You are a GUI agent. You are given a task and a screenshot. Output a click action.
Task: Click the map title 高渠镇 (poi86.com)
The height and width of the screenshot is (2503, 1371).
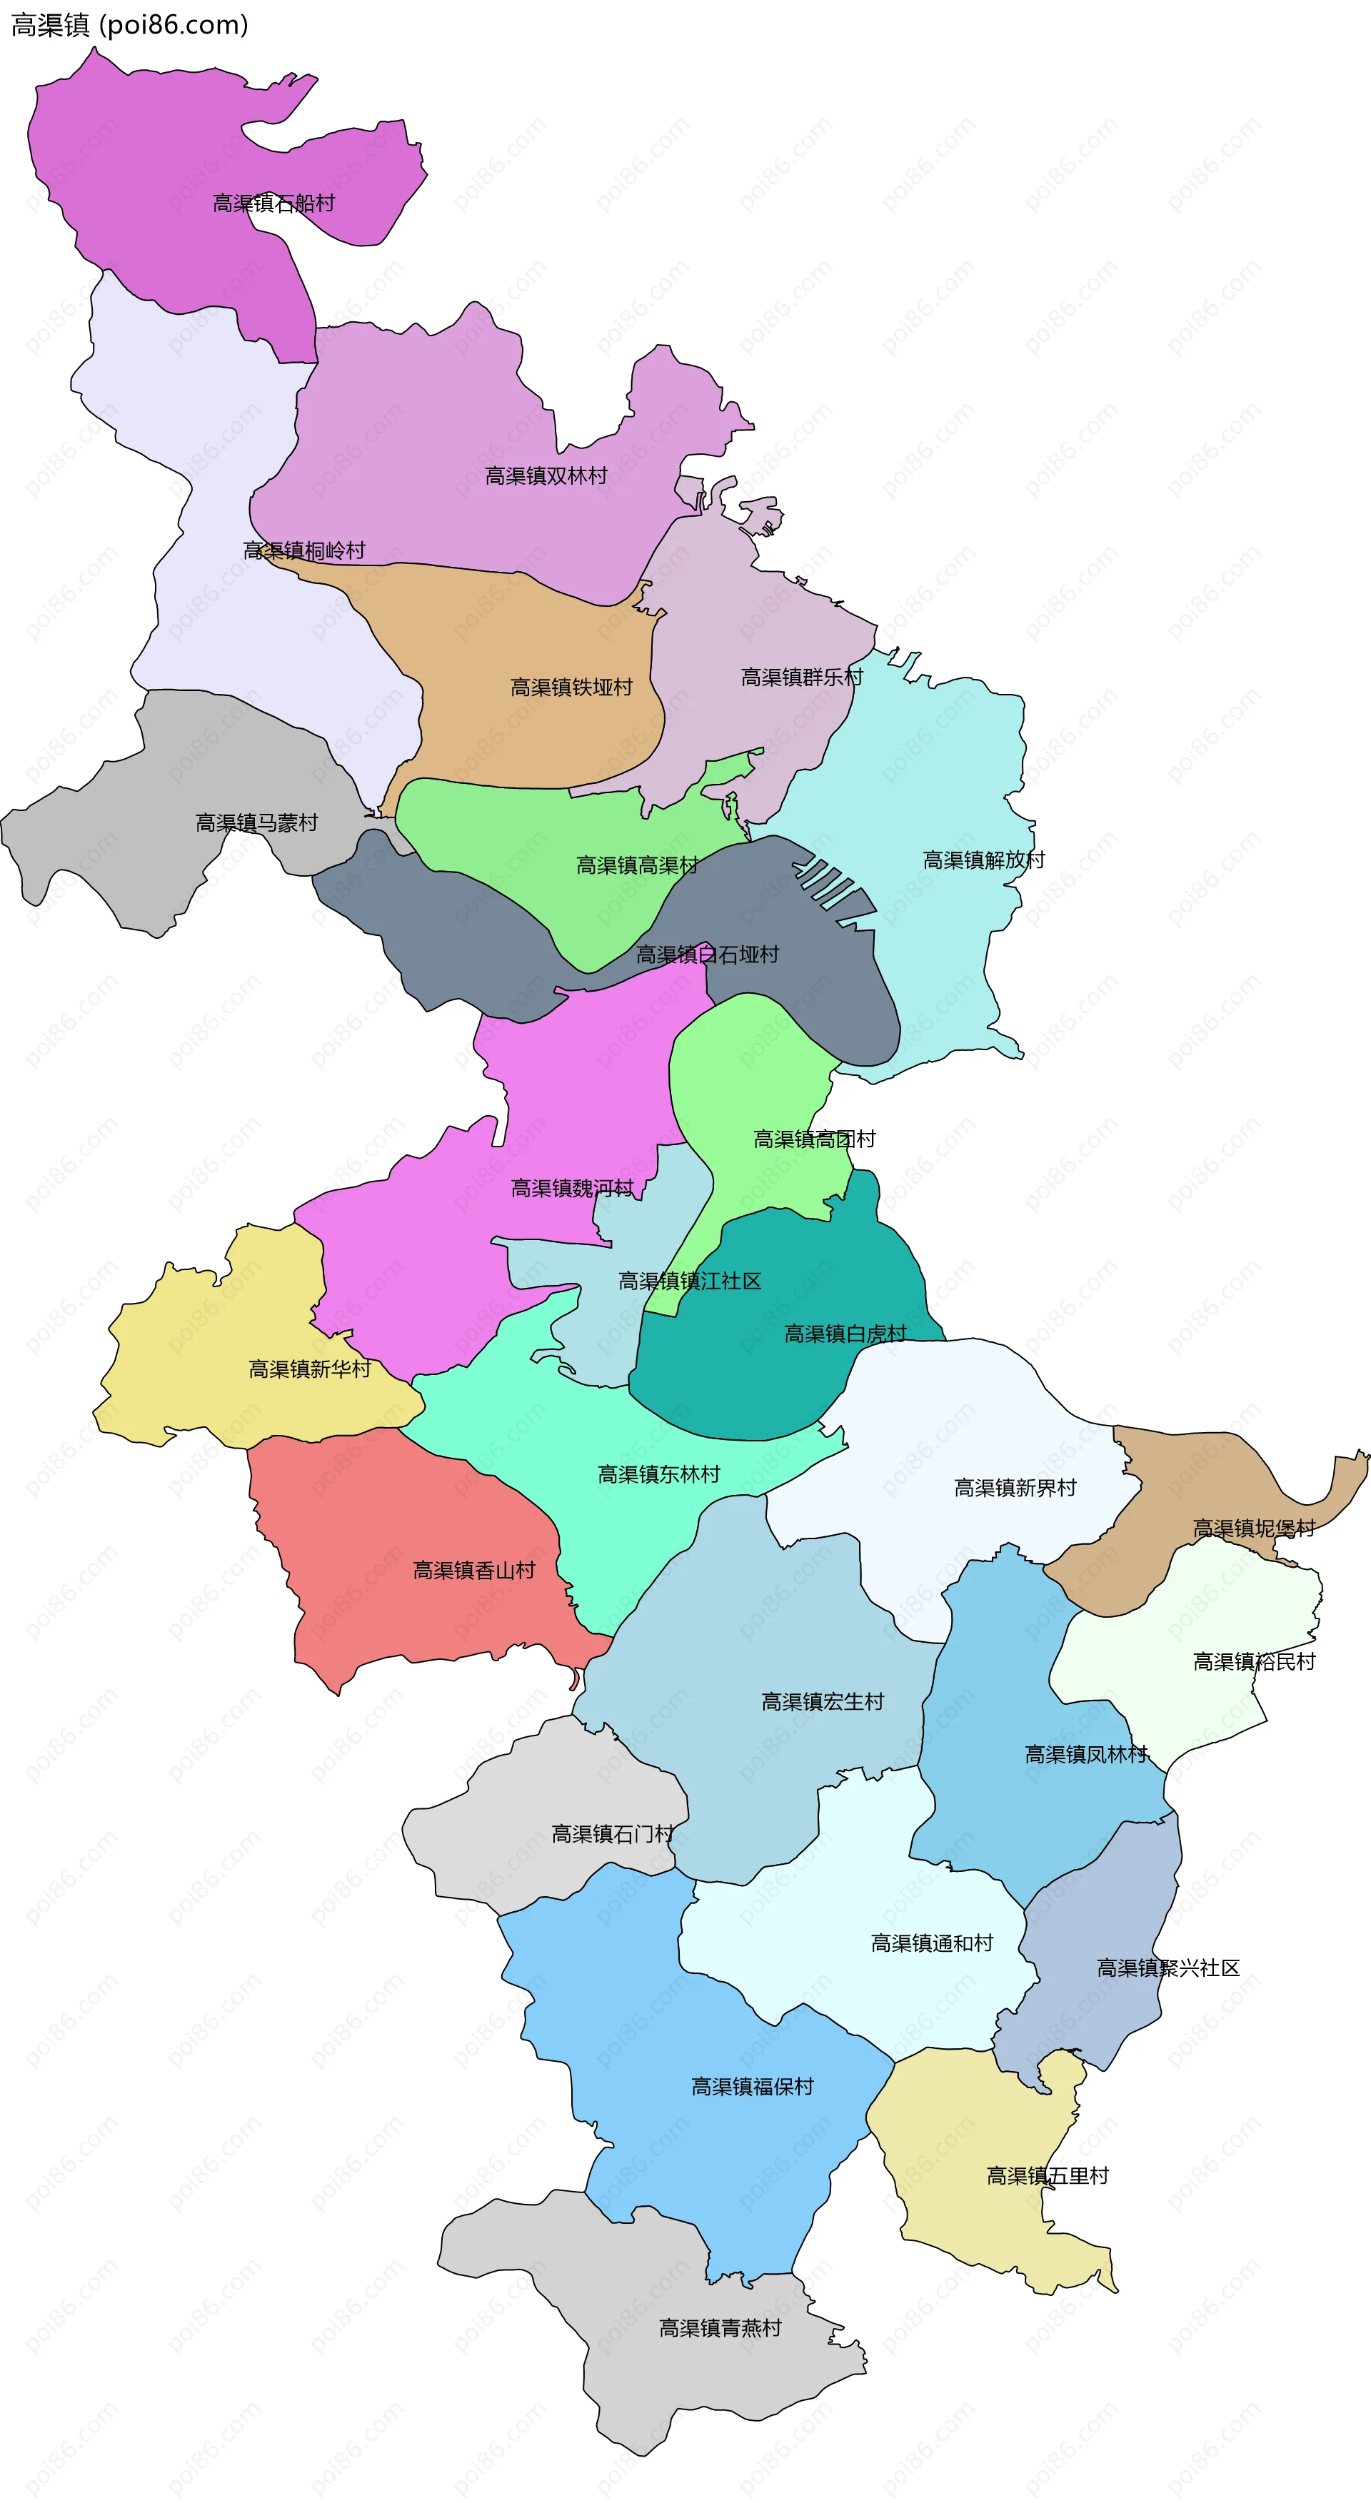click(129, 24)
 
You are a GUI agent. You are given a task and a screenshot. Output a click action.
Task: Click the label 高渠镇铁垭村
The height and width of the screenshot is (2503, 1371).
click(571, 687)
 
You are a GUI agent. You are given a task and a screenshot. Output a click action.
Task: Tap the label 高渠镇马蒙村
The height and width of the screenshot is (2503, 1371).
click(256, 823)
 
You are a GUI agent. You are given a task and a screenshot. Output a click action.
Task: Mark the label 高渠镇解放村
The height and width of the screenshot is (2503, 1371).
click(983, 860)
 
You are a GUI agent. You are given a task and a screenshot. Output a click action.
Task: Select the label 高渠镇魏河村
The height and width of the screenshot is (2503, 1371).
click(571, 1189)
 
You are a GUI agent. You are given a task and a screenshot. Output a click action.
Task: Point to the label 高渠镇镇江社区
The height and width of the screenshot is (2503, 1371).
click(689, 1281)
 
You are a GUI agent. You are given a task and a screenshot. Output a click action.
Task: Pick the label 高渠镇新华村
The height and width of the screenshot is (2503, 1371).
click(309, 1369)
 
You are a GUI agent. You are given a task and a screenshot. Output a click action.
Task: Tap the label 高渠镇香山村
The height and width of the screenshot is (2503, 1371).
click(473, 1570)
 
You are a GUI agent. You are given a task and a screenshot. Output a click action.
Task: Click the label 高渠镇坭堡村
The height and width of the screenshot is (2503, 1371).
click(1252, 1529)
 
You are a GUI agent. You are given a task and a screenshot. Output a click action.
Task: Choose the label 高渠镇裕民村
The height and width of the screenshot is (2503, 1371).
click(1252, 1661)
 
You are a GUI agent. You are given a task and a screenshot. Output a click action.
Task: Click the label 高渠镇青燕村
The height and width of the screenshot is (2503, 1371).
click(719, 2327)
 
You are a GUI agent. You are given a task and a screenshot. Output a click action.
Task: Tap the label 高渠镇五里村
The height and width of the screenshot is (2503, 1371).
click(1047, 2175)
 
